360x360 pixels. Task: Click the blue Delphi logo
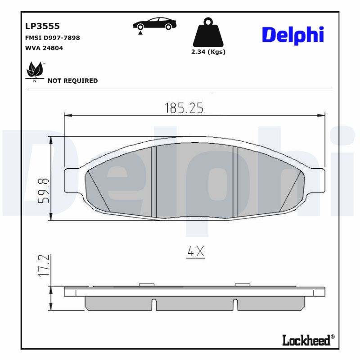point(292,35)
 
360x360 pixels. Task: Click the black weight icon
point(207,33)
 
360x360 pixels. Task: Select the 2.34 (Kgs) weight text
point(208,52)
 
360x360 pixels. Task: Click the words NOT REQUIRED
point(72,81)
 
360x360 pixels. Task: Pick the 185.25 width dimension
point(184,108)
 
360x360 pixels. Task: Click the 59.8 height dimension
point(43,191)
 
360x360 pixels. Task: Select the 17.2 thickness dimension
point(43,265)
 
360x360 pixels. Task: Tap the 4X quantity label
point(196,252)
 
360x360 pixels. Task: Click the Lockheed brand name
point(306,340)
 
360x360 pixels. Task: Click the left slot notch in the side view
point(154,304)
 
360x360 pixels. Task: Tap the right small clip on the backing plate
point(242,284)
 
